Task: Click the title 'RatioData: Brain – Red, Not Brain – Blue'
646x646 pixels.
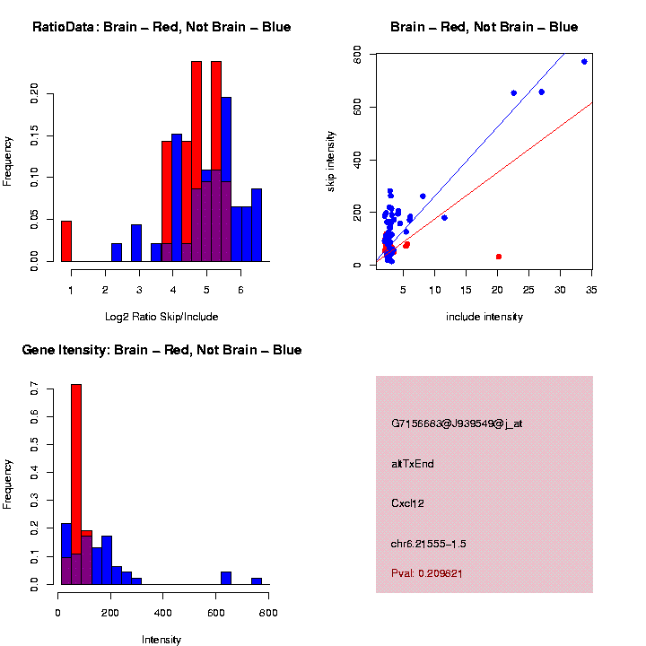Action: point(161,28)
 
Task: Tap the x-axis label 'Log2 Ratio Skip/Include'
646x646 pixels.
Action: point(161,317)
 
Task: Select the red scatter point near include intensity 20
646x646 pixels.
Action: point(499,257)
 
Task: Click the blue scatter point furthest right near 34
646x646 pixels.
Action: point(584,62)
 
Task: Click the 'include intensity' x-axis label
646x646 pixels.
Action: point(484,317)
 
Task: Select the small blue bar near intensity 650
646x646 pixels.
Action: point(226,578)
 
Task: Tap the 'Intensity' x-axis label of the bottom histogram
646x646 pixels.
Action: point(161,640)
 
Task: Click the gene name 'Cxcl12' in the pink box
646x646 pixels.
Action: point(407,503)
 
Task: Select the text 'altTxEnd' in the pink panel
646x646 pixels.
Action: point(413,464)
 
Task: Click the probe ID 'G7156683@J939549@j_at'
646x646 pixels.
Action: point(457,423)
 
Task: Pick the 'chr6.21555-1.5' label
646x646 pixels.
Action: point(429,544)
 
